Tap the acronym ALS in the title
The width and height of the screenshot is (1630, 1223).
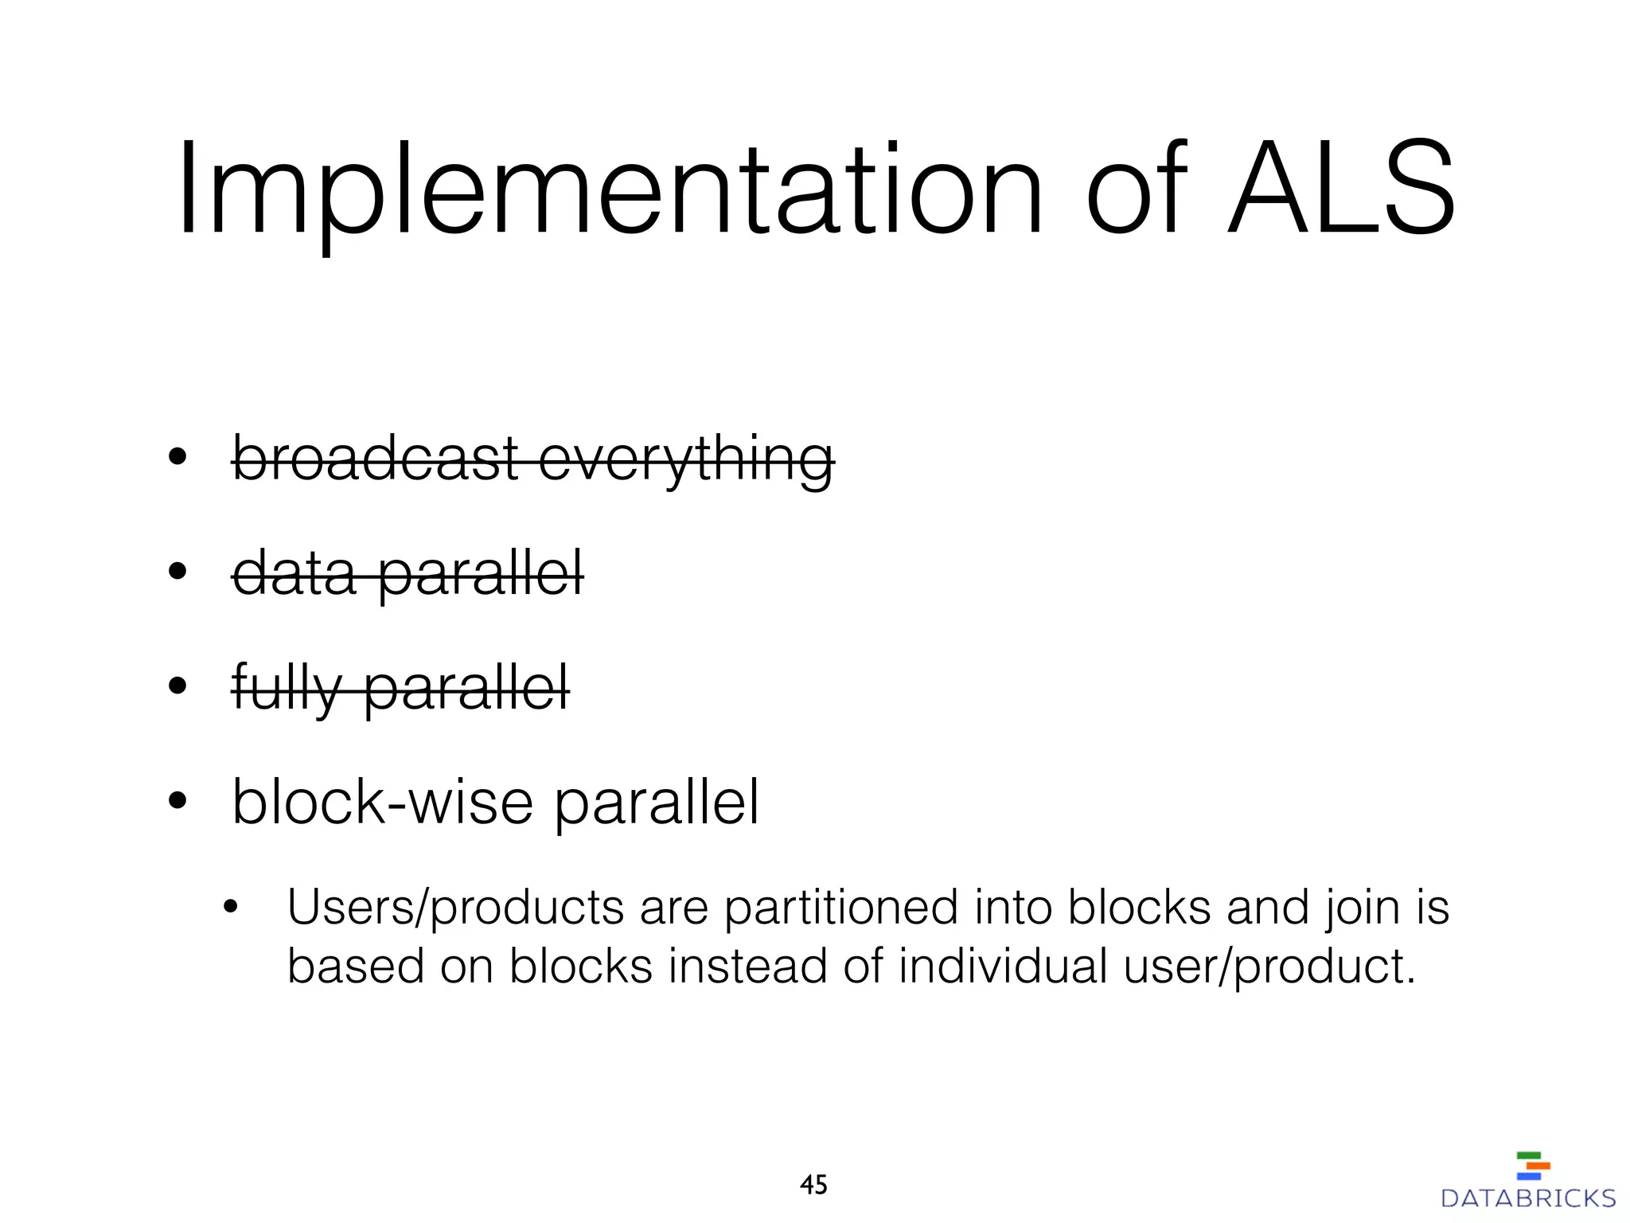point(1340,191)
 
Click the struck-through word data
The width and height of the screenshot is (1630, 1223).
point(294,572)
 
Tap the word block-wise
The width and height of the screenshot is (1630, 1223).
point(382,802)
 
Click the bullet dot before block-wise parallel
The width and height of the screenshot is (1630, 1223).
point(177,802)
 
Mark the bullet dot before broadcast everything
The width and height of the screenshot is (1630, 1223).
point(177,458)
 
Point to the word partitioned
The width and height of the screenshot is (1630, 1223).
point(840,909)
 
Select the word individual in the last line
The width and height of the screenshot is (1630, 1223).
point(1003,967)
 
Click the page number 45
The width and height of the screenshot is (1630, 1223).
point(813,1185)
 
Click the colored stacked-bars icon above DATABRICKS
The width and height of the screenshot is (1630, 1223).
point(1533,1166)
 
